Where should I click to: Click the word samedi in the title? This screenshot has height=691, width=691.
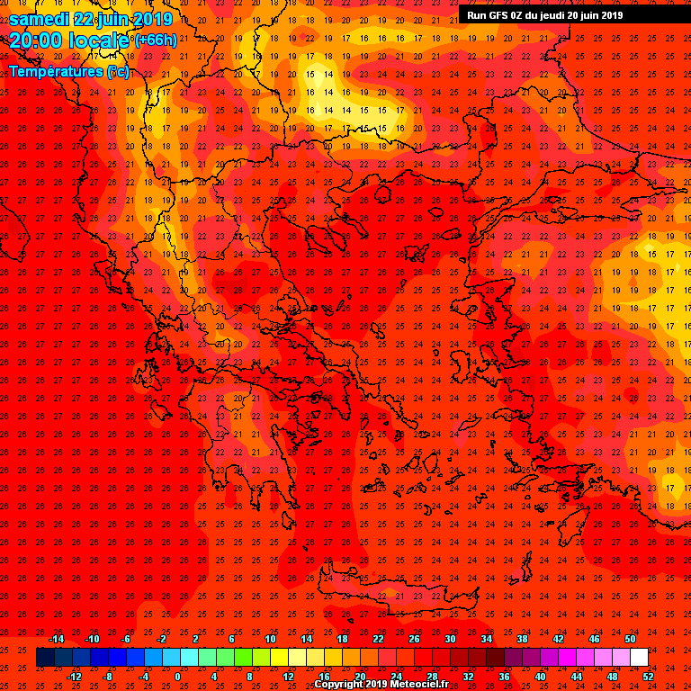click(40, 19)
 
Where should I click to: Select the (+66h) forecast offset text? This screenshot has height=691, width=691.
click(156, 40)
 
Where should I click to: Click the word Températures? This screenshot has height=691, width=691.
click(56, 71)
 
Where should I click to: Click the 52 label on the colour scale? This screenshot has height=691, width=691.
click(649, 676)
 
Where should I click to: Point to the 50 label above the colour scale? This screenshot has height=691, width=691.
click(630, 639)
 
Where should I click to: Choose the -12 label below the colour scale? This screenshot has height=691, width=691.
click(74, 676)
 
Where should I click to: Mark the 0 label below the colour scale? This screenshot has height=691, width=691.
click(177, 676)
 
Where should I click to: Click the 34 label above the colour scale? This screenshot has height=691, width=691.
click(487, 639)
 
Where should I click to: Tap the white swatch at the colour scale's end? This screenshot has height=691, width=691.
click(639, 657)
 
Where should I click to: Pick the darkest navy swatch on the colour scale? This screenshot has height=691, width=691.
click(45, 657)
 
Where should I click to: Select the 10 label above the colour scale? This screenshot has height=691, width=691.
click(270, 639)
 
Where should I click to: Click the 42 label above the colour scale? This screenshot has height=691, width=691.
click(558, 639)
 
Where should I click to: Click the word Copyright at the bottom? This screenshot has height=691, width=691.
click(339, 685)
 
